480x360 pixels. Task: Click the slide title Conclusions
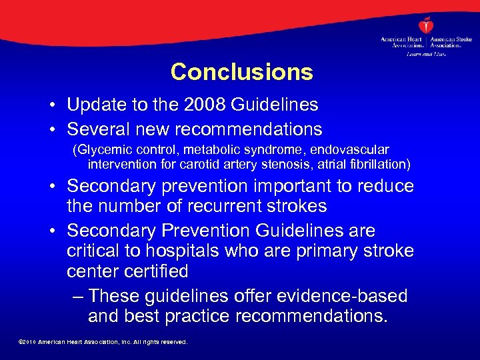241,72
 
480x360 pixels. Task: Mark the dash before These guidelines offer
77,295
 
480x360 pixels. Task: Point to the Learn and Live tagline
427,53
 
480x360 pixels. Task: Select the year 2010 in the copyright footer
29,342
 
